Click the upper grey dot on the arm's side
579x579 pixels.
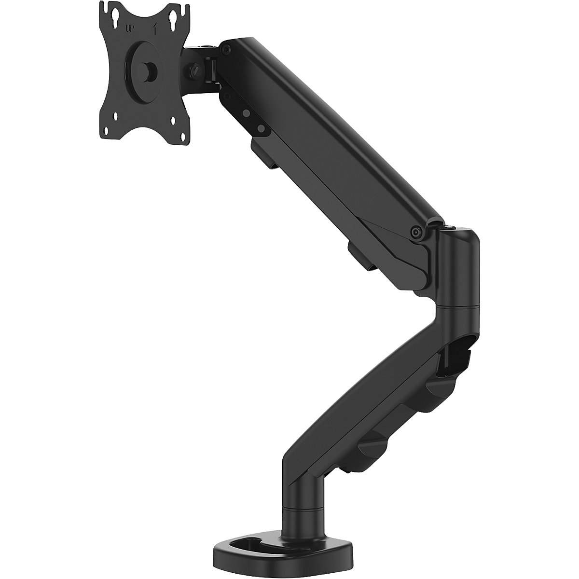point(246,113)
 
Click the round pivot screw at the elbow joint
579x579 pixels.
point(415,231)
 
